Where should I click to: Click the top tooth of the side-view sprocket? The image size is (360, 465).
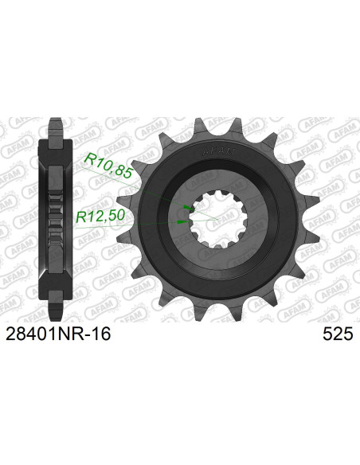[x=56, y=127]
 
